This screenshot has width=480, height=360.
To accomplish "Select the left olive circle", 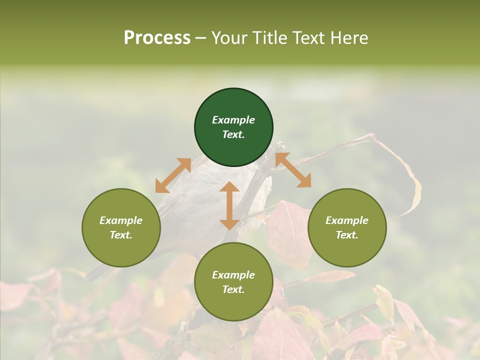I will pyautogui.click(x=121, y=227).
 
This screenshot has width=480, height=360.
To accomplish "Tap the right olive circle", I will pyautogui.click(x=347, y=227).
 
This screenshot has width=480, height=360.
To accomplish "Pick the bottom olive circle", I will pyautogui.click(x=233, y=282).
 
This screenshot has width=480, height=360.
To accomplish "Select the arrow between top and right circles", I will pyautogui.click(x=293, y=170).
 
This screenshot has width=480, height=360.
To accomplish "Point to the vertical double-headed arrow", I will pyautogui.click(x=229, y=206).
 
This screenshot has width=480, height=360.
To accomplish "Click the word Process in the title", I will pyautogui.click(x=157, y=37).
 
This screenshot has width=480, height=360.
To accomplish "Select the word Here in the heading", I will pyautogui.click(x=349, y=37).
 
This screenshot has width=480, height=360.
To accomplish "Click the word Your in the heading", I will pyautogui.click(x=229, y=37).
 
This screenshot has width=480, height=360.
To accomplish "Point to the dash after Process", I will pyautogui.click(x=200, y=38).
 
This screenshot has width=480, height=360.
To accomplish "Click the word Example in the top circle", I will pyautogui.click(x=233, y=120).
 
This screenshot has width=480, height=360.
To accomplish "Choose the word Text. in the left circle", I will pyautogui.click(x=121, y=235).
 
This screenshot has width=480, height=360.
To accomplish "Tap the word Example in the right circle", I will pyautogui.click(x=347, y=220).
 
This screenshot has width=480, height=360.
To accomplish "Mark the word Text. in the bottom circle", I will pyautogui.click(x=233, y=289).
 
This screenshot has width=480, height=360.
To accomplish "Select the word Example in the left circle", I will pyautogui.click(x=121, y=220).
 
